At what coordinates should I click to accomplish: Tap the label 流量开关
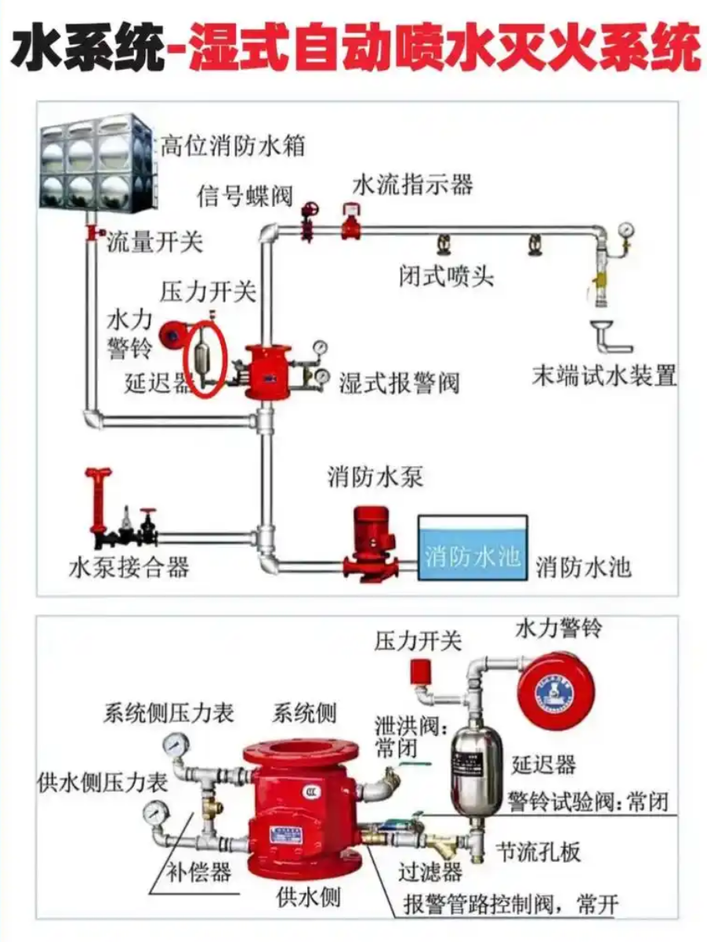click(x=154, y=241)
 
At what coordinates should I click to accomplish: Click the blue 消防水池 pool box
click(x=472, y=548)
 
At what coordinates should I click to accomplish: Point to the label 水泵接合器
click(x=129, y=566)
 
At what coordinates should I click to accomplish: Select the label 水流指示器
click(x=413, y=185)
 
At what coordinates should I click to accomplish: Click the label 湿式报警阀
click(x=399, y=383)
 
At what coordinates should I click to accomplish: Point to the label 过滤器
click(x=430, y=871)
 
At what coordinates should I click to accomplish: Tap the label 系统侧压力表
click(x=169, y=712)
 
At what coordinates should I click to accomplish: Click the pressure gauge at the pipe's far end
click(x=625, y=231)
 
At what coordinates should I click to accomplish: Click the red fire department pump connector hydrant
click(x=99, y=502)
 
